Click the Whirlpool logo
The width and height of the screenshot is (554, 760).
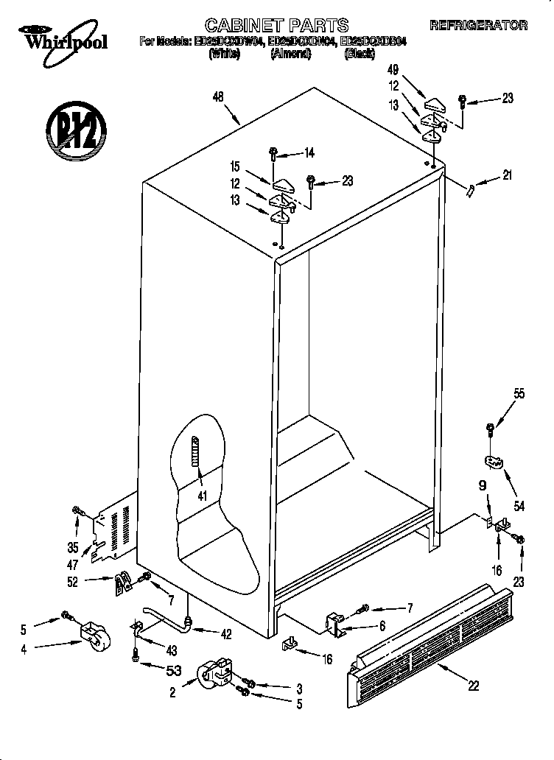[x=63, y=37]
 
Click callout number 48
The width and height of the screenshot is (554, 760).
[x=217, y=95]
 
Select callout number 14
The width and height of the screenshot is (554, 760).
[x=309, y=153]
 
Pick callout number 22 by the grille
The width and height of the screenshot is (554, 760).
[x=473, y=685]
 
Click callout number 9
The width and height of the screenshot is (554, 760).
[x=483, y=485]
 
